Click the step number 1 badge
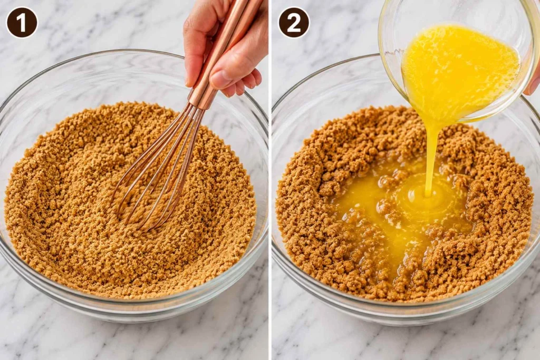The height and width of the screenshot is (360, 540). (x=22, y=22)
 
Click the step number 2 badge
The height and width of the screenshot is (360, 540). (x=294, y=22)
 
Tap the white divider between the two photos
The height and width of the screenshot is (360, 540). (x=269, y=180)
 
